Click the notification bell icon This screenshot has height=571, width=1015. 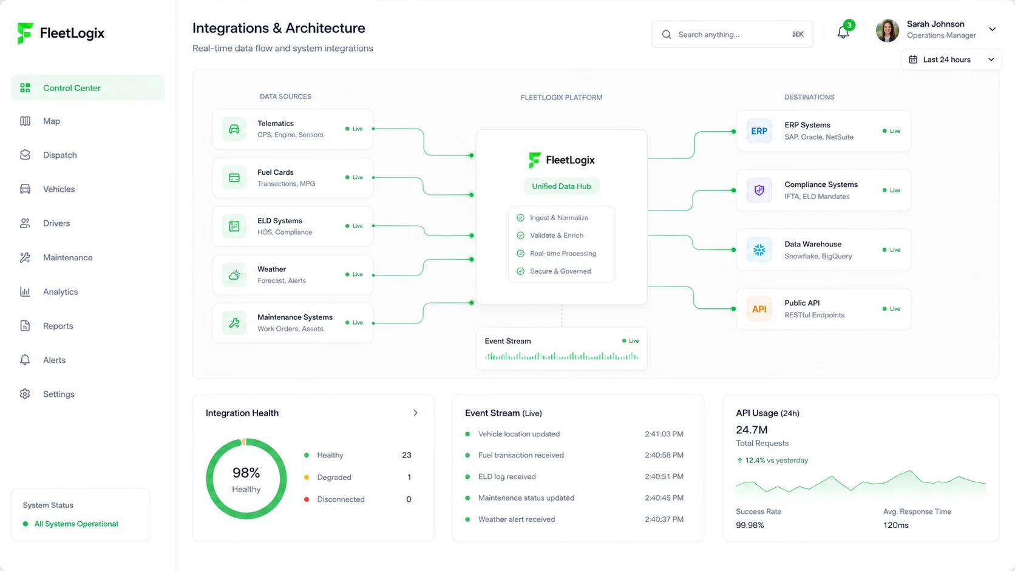point(843,33)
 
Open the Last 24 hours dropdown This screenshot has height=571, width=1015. point(952,59)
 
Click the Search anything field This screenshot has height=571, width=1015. point(732,35)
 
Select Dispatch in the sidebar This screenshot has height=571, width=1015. point(60,155)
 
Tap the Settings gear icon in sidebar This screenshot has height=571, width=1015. point(25,394)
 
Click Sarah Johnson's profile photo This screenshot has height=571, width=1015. point(888,30)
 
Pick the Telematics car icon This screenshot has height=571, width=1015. point(234,129)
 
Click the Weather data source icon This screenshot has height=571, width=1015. point(234,275)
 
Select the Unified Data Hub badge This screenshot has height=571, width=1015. point(562,186)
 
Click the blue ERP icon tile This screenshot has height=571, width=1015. point(759,131)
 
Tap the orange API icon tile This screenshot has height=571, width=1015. point(759,309)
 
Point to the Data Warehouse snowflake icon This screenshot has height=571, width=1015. point(759,249)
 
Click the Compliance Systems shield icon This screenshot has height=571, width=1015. point(759,190)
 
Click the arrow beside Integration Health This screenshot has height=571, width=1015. point(415,413)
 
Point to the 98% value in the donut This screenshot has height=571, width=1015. point(246,473)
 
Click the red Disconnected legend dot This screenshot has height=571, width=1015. point(307,499)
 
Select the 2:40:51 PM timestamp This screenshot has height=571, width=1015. point(664,476)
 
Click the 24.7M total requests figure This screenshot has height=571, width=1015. point(752,430)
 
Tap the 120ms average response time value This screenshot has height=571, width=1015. point(896,525)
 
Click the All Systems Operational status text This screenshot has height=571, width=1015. point(76,524)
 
